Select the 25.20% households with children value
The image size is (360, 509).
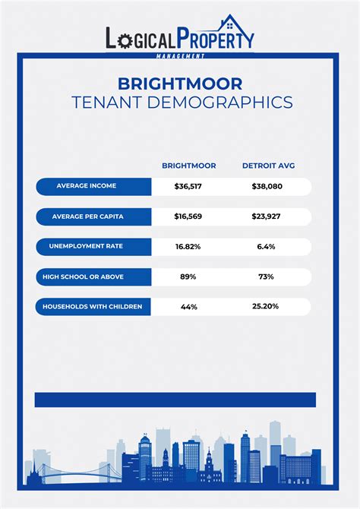pos(265,307)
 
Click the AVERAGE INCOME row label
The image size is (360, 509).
pos(86,186)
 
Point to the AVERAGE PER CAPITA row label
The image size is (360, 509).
pos(87,217)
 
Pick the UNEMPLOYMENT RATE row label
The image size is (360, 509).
pos(86,247)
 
